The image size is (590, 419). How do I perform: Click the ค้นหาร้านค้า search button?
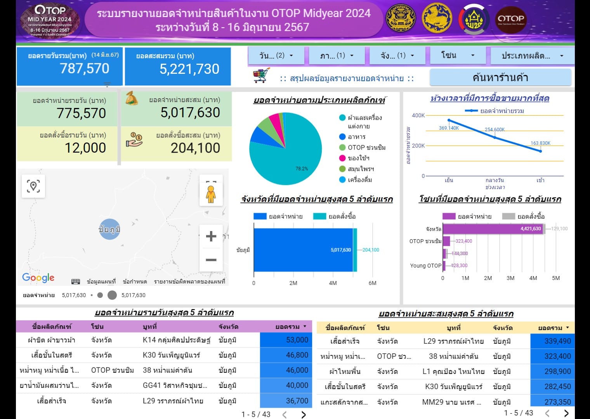[500, 78]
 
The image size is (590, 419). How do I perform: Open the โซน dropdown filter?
[458, 56]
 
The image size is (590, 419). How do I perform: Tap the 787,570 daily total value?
[85, 69]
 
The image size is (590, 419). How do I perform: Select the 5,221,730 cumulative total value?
[189, 69]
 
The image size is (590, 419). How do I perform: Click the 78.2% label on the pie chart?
[302, 169]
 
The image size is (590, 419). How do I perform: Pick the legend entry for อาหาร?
[356, 137]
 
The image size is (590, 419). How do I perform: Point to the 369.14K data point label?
[449, 128]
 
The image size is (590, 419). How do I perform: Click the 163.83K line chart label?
[540, 143]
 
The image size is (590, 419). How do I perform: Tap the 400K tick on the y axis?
[418, 115]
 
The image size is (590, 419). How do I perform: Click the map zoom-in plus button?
[211, 236]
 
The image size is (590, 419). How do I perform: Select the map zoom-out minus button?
[211, 260]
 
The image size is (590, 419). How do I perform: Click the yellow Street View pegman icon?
[211, 194]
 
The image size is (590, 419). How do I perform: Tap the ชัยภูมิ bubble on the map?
[109, 229]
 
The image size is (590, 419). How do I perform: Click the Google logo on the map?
[38, 277]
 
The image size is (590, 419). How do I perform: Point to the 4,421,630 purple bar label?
[530, 229]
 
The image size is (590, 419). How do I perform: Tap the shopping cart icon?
[261, 75]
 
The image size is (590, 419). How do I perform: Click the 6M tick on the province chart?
[372, 283]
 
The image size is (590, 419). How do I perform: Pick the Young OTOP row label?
[425, 266]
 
